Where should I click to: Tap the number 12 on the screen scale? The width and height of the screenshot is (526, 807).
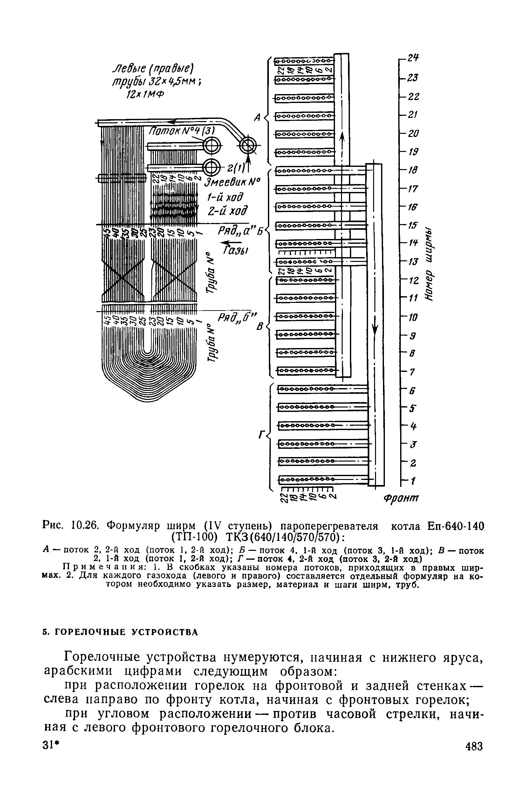(413, 281)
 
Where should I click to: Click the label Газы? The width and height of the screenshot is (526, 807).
(236, 250)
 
